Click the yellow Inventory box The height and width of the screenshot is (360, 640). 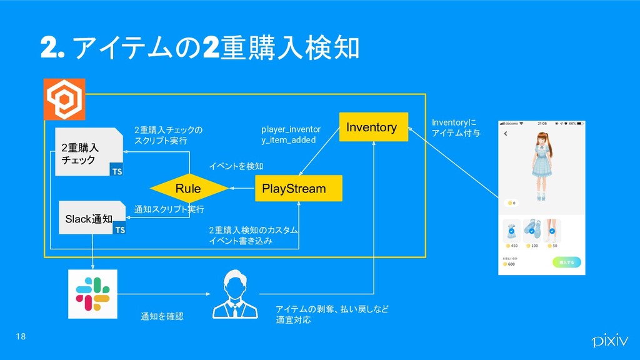(373, 127)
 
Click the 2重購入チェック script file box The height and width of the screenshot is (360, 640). (88, 152)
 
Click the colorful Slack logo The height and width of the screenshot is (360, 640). (92, 293)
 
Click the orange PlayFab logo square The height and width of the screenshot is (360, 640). (63, 99)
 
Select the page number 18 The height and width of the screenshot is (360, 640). (21, 337)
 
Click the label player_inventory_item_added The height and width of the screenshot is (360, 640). (291, 134)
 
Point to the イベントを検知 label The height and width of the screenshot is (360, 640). (236, 166)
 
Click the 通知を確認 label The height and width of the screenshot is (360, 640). (162, 317)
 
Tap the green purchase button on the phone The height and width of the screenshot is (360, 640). (566, 262)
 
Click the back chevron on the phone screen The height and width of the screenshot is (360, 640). (505, 133)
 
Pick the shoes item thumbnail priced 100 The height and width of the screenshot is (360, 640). (532, 231)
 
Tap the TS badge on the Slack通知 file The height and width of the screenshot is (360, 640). (119, 229)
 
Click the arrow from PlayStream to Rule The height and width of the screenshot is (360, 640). (242, 188)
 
